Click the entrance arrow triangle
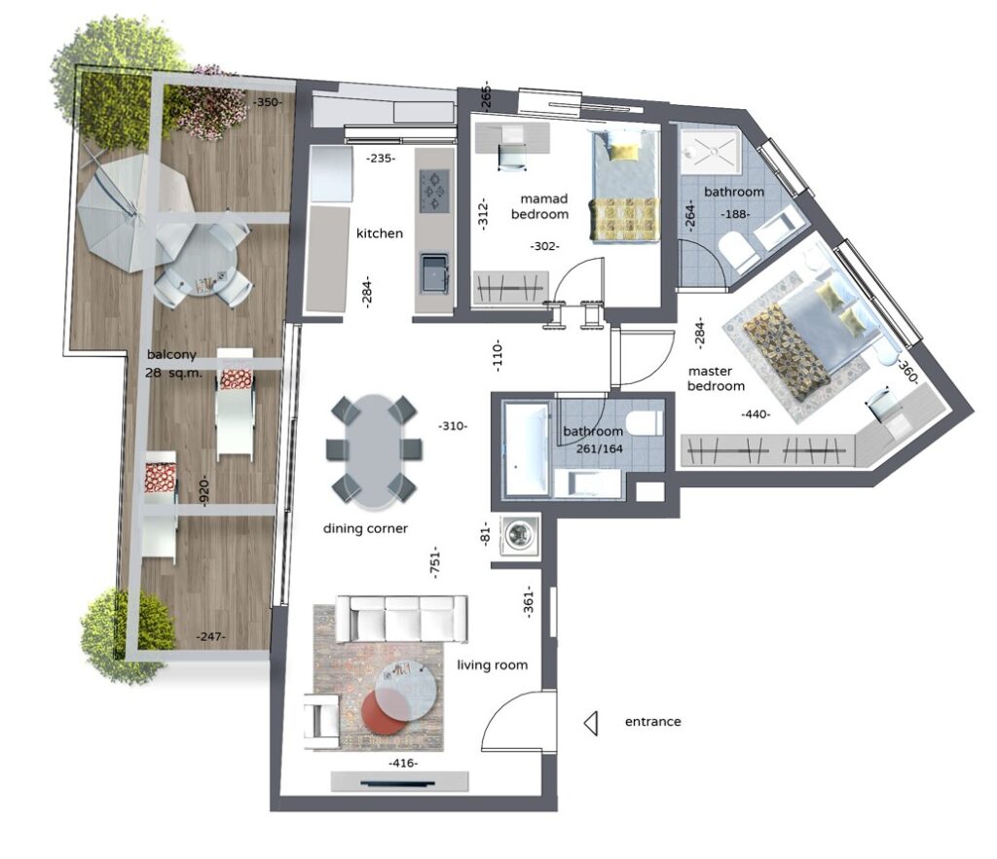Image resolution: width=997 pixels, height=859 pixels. point(591,723)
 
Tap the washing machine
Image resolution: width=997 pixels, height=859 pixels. point(520,534)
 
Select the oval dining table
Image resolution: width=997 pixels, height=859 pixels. point(373,452)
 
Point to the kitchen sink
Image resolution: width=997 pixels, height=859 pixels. point(434,273)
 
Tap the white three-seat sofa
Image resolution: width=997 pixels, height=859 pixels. point(402,618)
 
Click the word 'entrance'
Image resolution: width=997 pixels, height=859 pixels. point(652,722)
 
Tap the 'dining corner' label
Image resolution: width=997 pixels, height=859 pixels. point(365,528)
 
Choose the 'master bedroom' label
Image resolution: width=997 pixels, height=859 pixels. point(716,378)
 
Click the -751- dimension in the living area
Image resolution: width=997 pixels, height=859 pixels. point(435,561)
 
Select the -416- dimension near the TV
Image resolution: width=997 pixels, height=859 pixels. point(403,763)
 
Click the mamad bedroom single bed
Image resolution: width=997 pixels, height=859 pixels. point(624,186)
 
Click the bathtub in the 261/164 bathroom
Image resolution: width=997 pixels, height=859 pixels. point(526,450)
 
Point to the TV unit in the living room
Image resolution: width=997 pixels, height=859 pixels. point(399,782)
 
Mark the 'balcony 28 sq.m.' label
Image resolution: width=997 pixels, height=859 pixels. point(173,364)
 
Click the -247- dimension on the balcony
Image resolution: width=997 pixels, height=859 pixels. point(210,636)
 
